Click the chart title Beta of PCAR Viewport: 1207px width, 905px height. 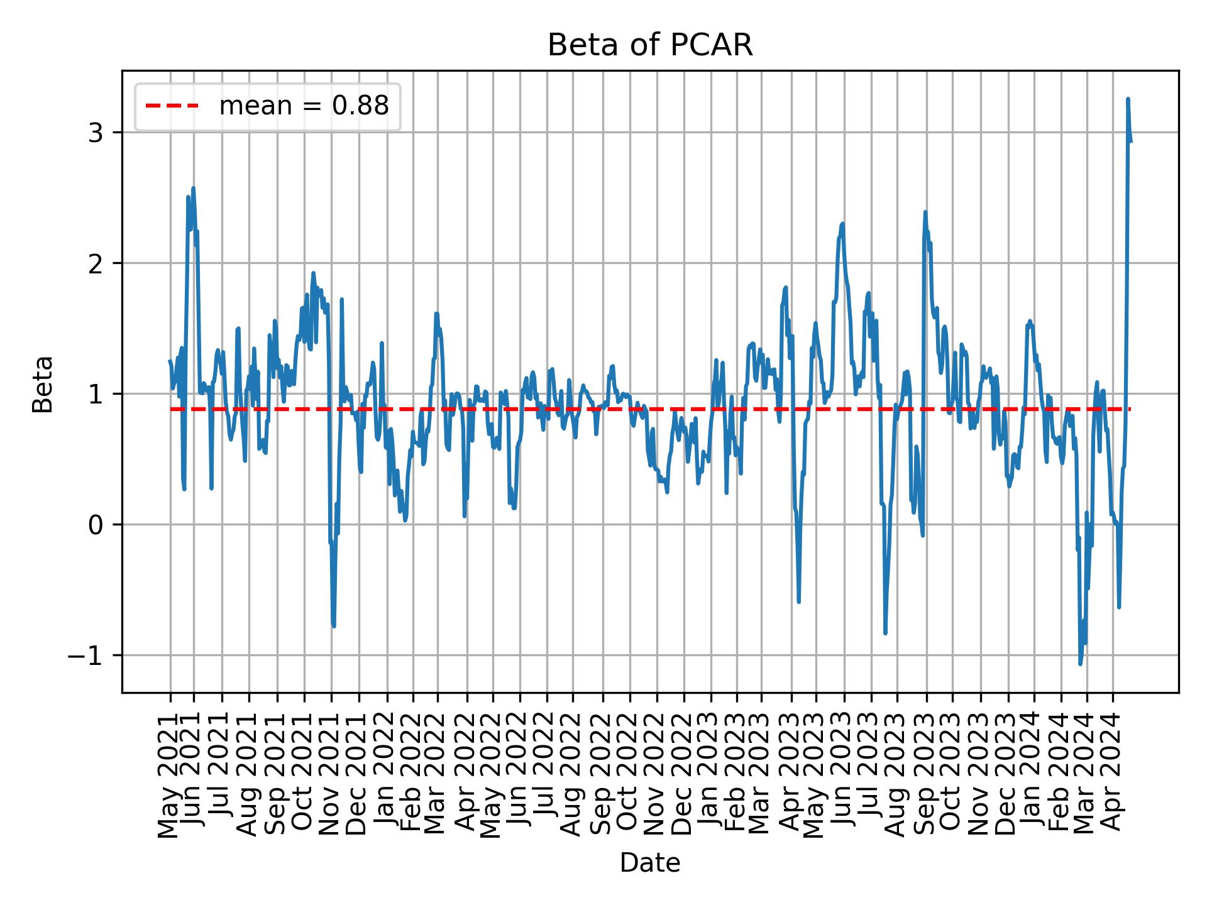(x=650, y=45)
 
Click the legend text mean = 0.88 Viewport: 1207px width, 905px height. (x=304, y=106)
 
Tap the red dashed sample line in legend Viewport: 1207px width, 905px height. (x=172, y=106)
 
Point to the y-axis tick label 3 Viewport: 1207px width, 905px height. (x=95, y=133)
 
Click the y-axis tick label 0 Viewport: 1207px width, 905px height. (x=95, y=525)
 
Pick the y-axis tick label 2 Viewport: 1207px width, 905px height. (x=95, y=263)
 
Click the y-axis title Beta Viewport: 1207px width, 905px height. (x=43, y=384)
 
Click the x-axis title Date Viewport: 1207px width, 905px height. (x=650, y=863)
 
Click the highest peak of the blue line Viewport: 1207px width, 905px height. (x=1128, y=99)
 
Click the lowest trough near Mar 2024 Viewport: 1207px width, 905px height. (x=1080, y=664)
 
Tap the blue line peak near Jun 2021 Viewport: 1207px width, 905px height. (x=193, y=188)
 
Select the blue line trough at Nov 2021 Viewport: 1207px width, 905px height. (x=334, y=626)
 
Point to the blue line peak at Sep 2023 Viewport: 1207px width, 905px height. (x=925, y=212)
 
